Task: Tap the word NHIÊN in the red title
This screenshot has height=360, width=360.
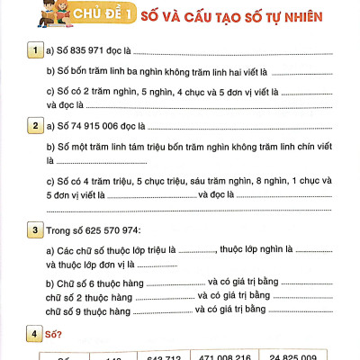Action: pyautogui.click(x=281, y=14)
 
